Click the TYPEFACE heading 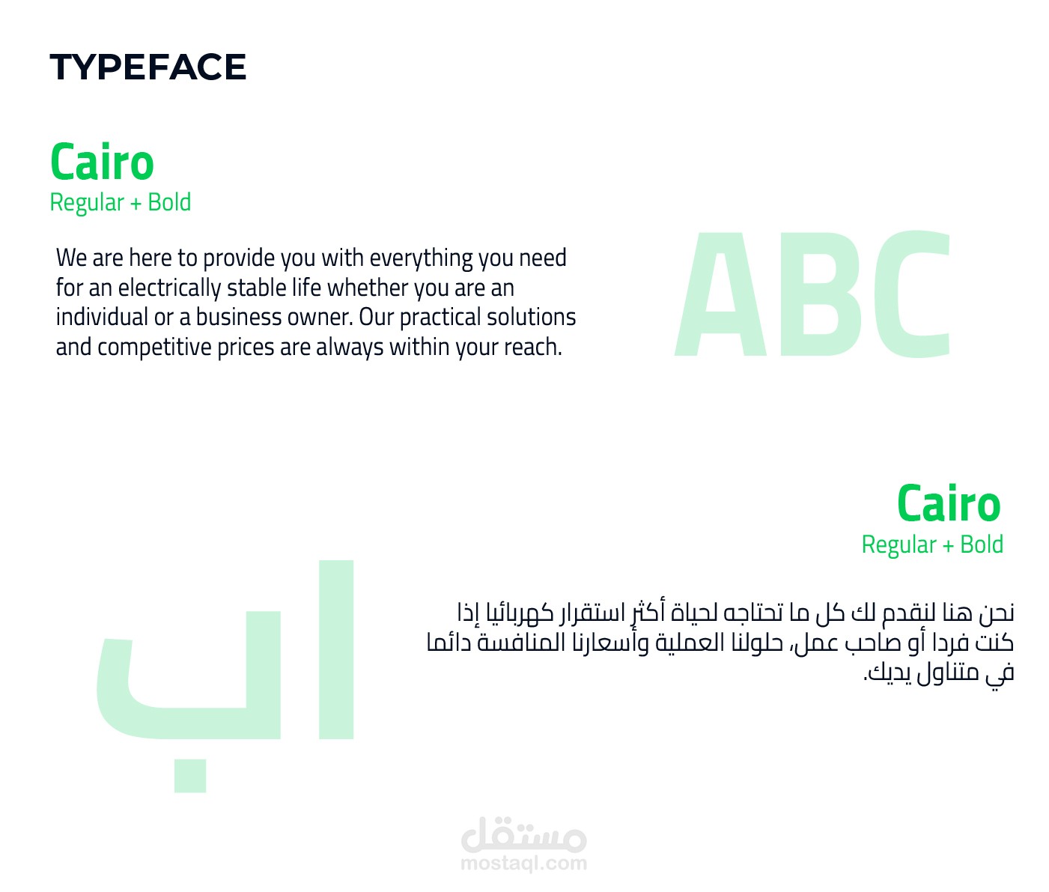pyautogui.click(x=148, y=67)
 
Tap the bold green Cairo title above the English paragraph pyautogui.click(x=102, y=162)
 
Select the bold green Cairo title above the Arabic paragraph pyautogui.click(x=949, y=503)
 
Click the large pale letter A pyautogui.click(x=720, y=294)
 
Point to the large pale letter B pyautogui.click(x=821, y=294)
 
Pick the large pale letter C pyautogui.click(x=912, y=294)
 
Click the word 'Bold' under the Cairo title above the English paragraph pyautogui.click(x=169, y=202)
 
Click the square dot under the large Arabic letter pyautogui.click(x=190, y=776)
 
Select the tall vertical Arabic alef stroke pyautogui.click(x=336, y=650)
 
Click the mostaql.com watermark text pyautogui.click(x=523, y=863)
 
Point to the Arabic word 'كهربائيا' pyautogui.click(x=520, y=612)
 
